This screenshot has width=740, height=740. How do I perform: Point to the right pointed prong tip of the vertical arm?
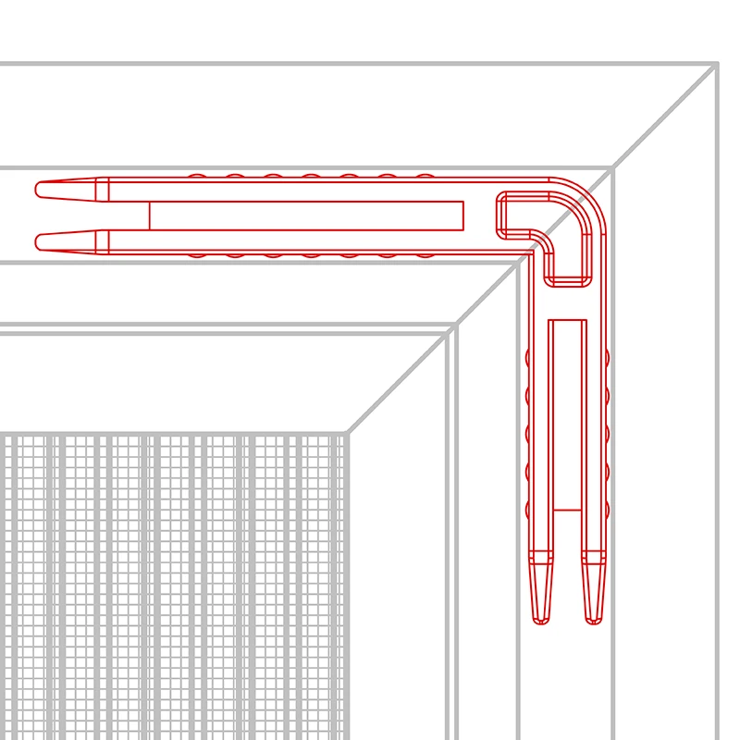(x=594, y=620)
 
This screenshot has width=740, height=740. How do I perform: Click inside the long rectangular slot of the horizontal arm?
(x=305, y=216)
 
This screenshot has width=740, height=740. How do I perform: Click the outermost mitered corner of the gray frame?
(x=717, y=64)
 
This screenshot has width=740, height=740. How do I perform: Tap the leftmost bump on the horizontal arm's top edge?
(x=197, y=176)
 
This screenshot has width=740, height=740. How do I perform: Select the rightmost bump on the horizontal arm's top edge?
(x=425, y=176)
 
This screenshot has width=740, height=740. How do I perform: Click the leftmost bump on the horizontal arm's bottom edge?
(x=197, y=254)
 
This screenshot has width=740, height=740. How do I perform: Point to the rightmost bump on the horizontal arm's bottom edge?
(x=425, y=254)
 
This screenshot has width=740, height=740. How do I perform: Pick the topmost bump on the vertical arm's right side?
(x=608, y=357)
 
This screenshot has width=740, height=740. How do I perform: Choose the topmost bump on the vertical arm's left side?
(x=528, y=357)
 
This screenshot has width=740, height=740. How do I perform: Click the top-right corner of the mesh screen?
(x=347, y=434)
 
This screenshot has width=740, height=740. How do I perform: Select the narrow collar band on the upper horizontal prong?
(x=102, y=190)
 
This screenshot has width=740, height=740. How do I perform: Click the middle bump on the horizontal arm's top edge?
(x=311, y=176)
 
